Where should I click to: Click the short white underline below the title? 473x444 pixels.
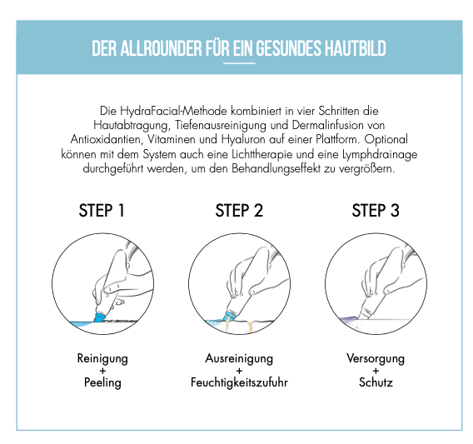click(239, 63)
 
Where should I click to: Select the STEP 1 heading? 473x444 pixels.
click(102, 211)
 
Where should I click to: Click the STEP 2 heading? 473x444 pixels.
click(239, 211)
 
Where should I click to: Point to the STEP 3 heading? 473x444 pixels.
click(376, 211)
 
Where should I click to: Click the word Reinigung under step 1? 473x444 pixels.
click(102, 358)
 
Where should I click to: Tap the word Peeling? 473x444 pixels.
click(102, 382)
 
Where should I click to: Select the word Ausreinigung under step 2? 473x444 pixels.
click(239, 358)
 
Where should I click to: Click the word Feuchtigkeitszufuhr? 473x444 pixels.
click(239, 382)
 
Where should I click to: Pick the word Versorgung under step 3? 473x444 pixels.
click(376, 358)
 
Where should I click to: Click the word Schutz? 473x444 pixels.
click(376, 382)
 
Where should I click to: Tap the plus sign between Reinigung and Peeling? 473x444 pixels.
click(102, 371)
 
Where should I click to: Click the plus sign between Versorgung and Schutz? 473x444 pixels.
click(376, 371)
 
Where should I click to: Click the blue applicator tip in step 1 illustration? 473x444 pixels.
click(99, 317)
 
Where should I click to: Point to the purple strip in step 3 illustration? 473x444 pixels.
click(348, 318)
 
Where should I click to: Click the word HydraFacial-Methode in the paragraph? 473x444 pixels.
click(173, 111)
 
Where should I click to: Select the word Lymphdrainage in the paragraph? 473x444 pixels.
click(380, 155)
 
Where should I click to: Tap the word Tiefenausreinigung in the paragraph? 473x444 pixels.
click(221, 126)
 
